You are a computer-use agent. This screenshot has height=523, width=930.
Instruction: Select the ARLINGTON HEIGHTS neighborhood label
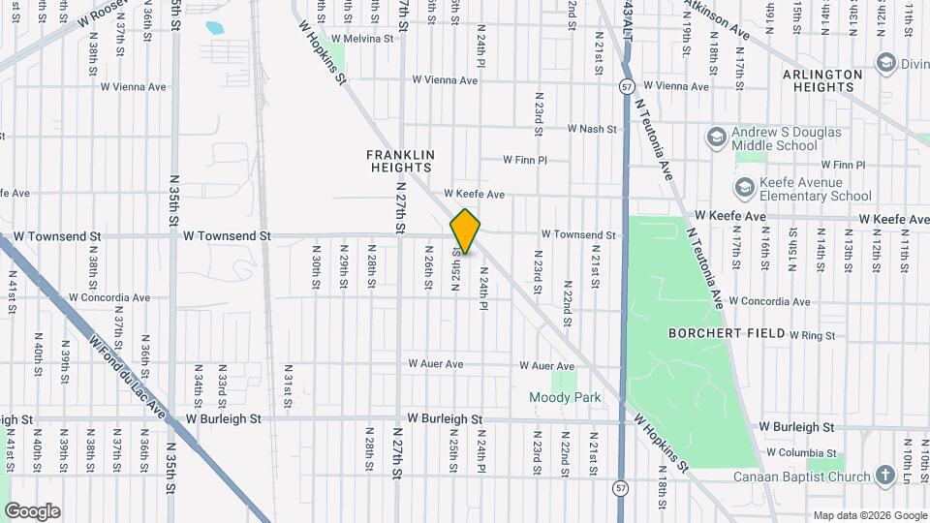823,80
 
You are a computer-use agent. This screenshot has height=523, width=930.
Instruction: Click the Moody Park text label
565,397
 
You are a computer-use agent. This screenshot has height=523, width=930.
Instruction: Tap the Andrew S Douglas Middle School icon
717,137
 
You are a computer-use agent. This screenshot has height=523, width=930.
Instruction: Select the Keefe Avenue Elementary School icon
745,187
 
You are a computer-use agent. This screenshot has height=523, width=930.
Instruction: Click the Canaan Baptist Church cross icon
884,475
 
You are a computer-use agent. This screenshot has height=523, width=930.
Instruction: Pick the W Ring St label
811,335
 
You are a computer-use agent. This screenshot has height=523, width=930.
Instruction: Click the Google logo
32,511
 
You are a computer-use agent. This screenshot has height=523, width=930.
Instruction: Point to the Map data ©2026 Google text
868,515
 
